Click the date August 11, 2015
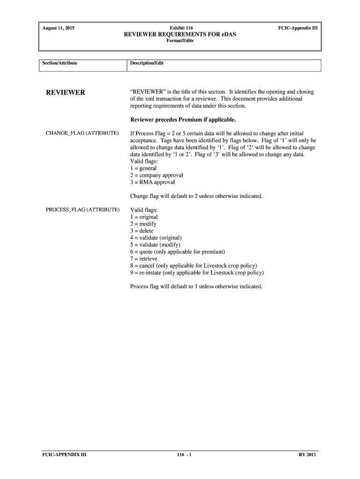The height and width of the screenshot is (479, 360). (x=58, y=28)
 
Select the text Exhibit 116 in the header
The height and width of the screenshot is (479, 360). (x=180, y=28)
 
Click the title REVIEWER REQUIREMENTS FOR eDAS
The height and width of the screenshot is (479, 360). (x=180, y=34)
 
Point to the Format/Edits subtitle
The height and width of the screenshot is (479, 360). (x=180, y=41)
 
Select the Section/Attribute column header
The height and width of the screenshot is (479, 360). (x=60, y=63)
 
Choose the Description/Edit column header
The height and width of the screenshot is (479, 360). (x=147, y=63)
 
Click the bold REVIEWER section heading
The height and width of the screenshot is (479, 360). (x=65, y=93)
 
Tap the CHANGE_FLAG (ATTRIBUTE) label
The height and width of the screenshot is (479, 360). (x=82, y=133)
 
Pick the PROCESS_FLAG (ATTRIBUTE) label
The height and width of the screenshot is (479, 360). (x=83, y=210)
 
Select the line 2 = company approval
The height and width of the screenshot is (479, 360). (x=157, y=175)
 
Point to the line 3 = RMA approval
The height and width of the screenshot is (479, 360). (x=152, y=182)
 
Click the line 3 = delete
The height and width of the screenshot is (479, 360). (x=142, y=231)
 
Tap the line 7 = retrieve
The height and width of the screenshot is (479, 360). (x=144, y=259)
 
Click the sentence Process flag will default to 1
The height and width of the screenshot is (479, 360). (x=196, y=286)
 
